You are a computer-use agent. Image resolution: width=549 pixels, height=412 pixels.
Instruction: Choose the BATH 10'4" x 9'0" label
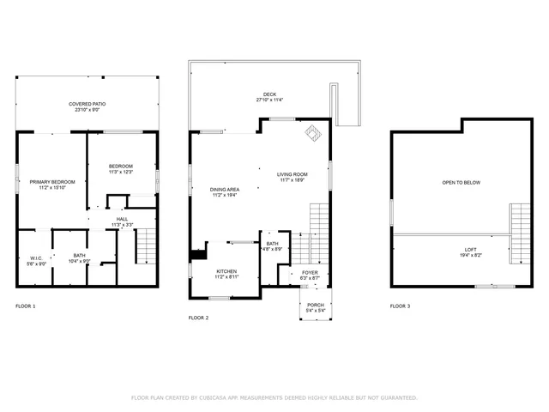coord(79,258)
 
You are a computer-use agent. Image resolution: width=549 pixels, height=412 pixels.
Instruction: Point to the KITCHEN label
coord(226,274)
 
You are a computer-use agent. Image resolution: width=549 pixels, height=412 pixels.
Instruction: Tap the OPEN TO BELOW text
coord(461,183)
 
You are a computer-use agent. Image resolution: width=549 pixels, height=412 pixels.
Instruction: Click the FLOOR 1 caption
coord(26,306)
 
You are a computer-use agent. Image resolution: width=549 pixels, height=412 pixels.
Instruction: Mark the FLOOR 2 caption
coord(198,318)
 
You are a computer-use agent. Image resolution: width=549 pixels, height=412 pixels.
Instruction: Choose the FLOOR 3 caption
coord(400,306)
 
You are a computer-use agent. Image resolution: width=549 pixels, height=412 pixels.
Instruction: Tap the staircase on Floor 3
coord(520,233)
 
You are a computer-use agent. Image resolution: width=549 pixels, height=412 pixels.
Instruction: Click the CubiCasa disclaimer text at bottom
coord(274,397)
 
